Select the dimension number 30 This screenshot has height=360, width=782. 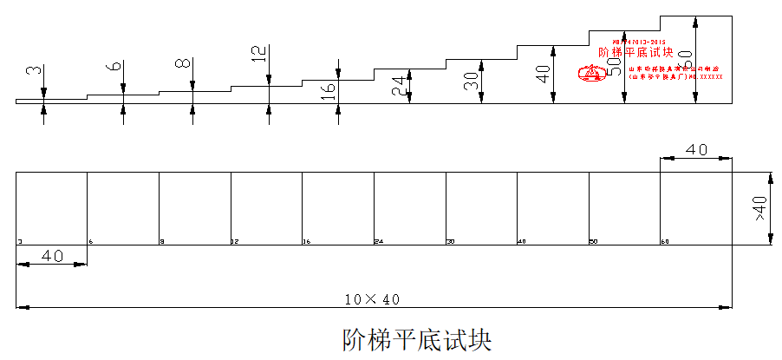pos(471,81)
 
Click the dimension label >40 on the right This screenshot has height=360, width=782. pos(759,208)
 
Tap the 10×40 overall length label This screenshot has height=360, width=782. pos(371,299)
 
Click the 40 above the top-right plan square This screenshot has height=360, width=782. pos(696,149)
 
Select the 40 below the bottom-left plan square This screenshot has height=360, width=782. pos(52,256)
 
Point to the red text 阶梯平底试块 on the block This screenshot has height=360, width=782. pos(636,53)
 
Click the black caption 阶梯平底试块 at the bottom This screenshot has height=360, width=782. pos(417,339)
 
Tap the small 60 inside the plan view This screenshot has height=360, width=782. pos(664,241)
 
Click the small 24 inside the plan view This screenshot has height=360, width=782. pos(378,241)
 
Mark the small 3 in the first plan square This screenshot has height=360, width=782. pos(19,241)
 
